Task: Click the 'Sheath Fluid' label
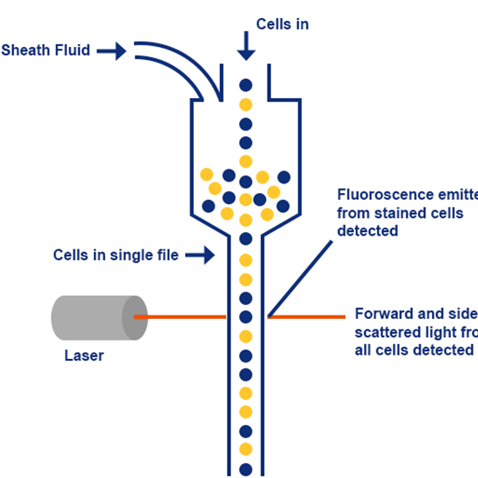[45, 50]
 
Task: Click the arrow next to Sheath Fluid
[110, 51]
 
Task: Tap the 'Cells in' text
[282, 23]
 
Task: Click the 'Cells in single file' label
[115, 255]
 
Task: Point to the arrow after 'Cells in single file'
[201, 256]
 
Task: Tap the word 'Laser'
[84, 355]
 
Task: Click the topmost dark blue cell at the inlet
[246, 85]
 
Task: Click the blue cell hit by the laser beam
[246, 317]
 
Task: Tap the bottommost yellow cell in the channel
[246, 450]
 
